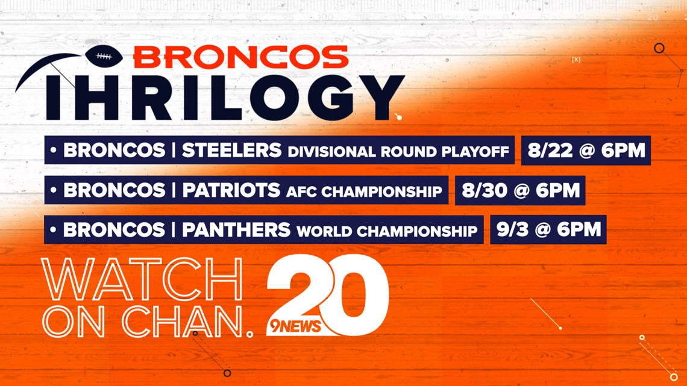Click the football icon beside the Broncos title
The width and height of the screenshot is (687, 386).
(104, 56)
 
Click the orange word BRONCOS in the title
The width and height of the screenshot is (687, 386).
(241, 57)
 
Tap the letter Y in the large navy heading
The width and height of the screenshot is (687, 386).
(375, 97)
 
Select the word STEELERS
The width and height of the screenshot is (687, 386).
(231, 150)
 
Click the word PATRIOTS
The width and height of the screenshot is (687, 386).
(231, 190)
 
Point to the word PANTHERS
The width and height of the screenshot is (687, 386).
(236, 229)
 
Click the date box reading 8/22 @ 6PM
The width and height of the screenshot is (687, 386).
(586, 150)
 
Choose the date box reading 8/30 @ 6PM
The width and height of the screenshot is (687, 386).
(520, 190)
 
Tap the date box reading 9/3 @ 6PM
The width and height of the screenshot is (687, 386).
(548, 229)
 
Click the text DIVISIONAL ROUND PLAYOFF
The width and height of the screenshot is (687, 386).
(398, 151)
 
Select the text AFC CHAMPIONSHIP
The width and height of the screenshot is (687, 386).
(364, 191)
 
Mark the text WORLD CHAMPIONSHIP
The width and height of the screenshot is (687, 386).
(387, 231)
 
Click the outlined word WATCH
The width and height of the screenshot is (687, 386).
(142, 279)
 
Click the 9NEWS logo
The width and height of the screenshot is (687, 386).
(295, 326)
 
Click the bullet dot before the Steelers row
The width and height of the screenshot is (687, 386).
(54, 150)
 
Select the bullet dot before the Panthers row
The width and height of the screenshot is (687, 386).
(54, 229)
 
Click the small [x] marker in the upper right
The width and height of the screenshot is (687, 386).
(576, 59)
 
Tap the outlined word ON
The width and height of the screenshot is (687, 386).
(74, 320)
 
